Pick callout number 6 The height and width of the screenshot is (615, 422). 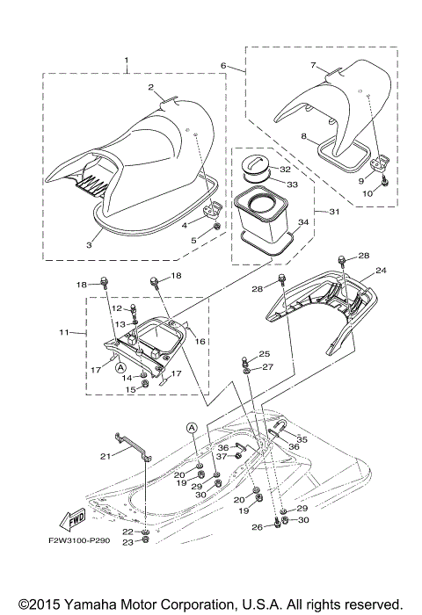(x=224, y=66)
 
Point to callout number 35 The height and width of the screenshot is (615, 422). (x=302, y=438)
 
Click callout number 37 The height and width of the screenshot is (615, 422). (x=223, y=457)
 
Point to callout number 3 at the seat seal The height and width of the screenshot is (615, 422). (x=89, y=245)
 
